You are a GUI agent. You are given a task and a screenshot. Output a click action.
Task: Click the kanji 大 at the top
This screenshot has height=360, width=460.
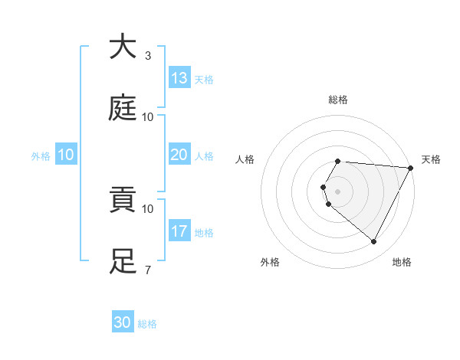[x=123, y=47]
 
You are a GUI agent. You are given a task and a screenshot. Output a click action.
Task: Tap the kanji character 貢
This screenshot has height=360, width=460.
[x=123, y=201]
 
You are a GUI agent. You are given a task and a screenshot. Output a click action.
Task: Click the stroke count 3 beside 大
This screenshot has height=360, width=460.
[x=148, y=56]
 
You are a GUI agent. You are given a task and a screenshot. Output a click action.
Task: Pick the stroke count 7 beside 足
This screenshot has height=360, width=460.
[x=148, y=270]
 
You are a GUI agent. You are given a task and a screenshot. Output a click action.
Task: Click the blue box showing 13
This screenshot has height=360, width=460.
[x=179, y=77]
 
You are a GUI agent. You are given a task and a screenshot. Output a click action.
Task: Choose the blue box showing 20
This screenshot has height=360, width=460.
[x=179, y=155]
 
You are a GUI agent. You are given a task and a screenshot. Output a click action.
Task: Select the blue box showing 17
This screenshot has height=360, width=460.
[x=179, y=231]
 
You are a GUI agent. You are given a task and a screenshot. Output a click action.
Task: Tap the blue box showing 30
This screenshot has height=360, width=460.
[x=123, y=322]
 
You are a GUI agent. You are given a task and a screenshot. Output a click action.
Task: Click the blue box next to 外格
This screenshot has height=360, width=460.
[x=66, y=155]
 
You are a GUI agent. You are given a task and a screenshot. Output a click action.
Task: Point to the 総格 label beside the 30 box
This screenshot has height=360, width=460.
[x=147, y=324]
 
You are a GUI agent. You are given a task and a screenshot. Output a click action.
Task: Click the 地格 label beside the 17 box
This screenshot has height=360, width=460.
[x=204, y=233]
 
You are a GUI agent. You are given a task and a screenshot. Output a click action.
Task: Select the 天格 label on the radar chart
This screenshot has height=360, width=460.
[x=431, y=159]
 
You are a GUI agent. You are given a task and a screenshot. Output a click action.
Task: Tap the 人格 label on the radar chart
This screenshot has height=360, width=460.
[x=245, y=159]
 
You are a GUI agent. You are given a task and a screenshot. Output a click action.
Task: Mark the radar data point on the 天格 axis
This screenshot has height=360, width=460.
[x=411, y=167]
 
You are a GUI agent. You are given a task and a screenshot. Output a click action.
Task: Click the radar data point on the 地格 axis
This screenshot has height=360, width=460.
[x=374, y=242]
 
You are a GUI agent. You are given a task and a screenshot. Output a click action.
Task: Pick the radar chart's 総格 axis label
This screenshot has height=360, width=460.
[x=338, y=100]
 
